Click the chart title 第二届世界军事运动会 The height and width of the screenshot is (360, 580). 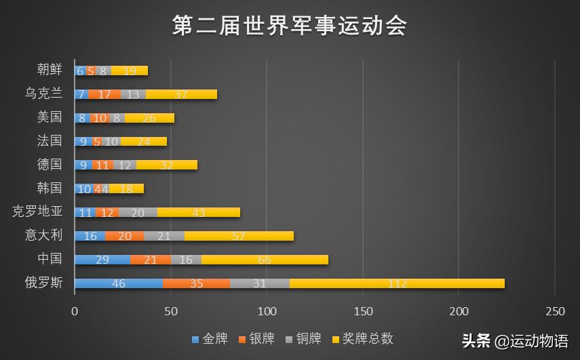(x=290, y=26)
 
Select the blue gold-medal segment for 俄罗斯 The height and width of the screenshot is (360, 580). (x=119, y=283)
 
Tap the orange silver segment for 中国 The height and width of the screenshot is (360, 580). (x=151, y=260)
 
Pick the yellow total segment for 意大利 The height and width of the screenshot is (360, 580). (x=239, y=236)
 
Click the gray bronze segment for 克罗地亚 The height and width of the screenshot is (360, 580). (x=138, y=212)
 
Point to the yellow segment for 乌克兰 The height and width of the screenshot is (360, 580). (x=181, y=94)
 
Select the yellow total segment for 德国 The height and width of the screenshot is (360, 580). (x=166, y=165)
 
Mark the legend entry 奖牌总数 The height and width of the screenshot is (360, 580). (x=362, y=338)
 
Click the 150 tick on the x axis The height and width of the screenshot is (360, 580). (x=363, y=311)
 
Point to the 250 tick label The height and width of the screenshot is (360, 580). (x=555, y=311)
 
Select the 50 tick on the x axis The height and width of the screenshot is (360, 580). (x=171, y=311)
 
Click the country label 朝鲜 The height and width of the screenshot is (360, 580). (x=50, y=70)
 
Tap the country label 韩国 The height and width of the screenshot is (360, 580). (x=50, y=188)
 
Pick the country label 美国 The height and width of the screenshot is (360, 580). (x=50, y=117)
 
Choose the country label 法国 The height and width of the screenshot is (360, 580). (x=50, y=141)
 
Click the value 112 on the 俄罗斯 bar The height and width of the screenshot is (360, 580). (x=397, y=283)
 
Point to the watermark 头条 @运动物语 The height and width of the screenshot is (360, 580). (x=515, y=340)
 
